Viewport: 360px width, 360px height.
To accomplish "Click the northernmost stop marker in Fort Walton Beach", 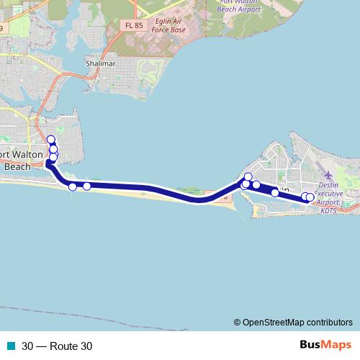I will click(51, 140).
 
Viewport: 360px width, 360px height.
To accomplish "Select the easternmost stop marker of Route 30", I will click(310, 197).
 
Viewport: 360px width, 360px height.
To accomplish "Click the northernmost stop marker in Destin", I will click(248, 177).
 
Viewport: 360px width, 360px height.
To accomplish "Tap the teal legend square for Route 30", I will click(11, 346).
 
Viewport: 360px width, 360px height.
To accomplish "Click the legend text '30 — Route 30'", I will click(57, 346).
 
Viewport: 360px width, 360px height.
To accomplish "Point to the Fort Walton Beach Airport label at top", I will click(238, 6).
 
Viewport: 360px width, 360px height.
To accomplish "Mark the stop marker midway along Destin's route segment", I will click(275, 192).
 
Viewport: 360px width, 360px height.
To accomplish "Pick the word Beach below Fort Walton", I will click(17, 166).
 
